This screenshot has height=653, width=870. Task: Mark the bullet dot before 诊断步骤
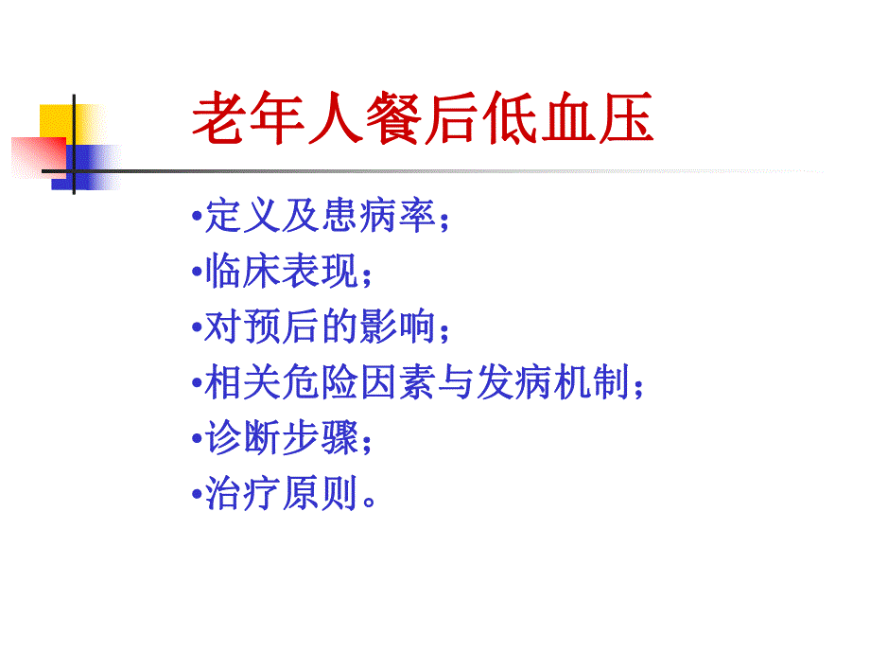[x=196, y=439]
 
